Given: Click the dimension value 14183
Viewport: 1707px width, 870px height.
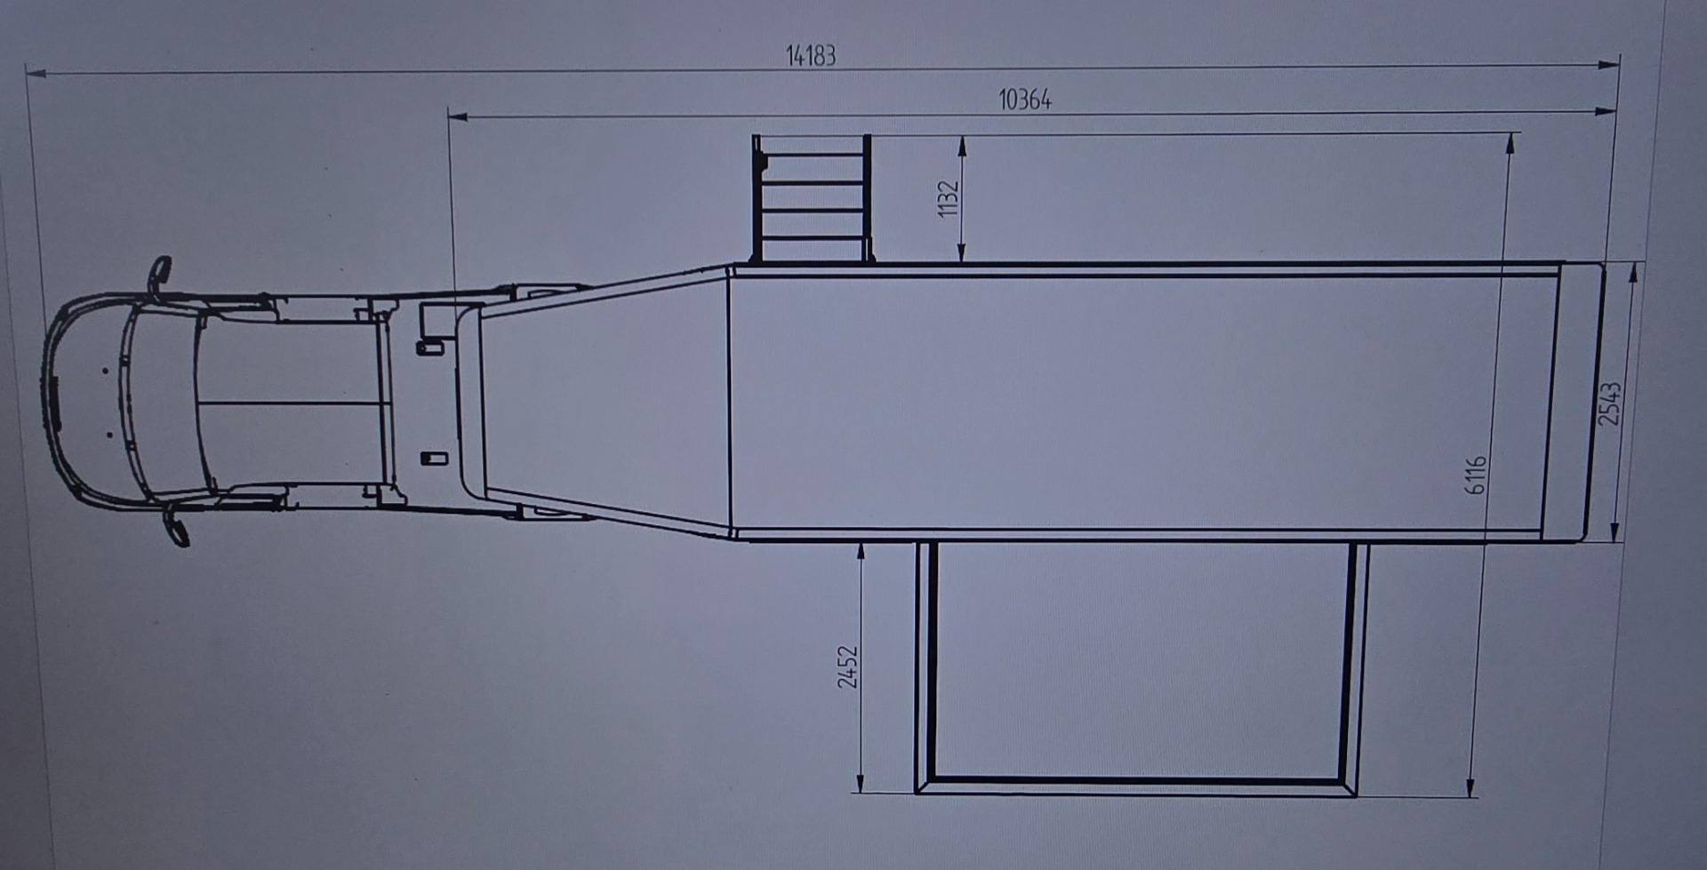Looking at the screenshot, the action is pyautogui.click(x=811, y=56).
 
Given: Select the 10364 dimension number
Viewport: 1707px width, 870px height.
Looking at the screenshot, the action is pyautogui.click(x=1025, y=100).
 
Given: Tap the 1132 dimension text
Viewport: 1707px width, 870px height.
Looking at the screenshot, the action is pyautogui.click(x=949, y=198).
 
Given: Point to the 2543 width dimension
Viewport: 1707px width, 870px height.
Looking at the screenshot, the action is pyautogui.click(x=1610, y=403).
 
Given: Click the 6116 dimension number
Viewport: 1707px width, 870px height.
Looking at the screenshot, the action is pyautogui.click(x=1475, y=475).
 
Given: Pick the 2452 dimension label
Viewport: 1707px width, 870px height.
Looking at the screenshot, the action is pyautogui.click(x=848, y=666).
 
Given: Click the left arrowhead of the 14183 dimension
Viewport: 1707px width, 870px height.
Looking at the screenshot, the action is pyautogui.click(x=36, y=73).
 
